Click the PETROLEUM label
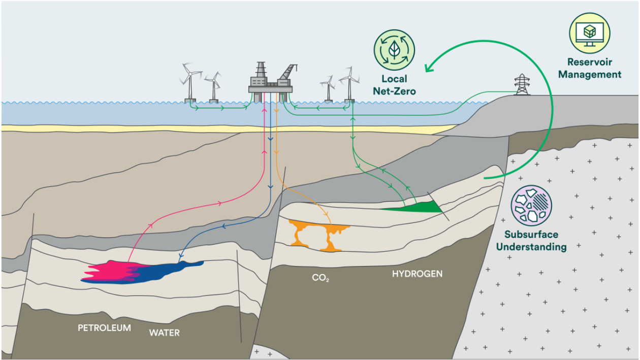(x=104, y=328)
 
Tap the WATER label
(x=164, y=333)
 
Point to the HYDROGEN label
(x=417, y=274)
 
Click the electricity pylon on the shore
(x=522, y=85)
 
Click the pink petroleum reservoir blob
(x=109, y=271)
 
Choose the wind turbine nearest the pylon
(x=349, y=83)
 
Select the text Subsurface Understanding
(x=531, y=241)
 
